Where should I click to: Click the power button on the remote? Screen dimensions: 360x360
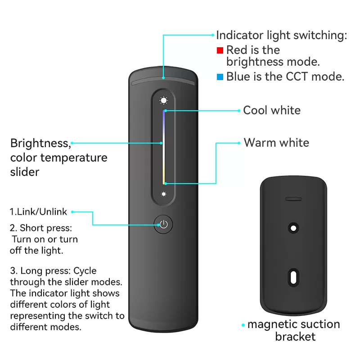pos(164,224)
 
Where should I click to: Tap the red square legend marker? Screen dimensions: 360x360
pos(220,50)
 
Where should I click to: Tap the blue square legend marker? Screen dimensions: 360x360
pos(220,77)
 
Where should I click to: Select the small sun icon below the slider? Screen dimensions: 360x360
pos(164,194)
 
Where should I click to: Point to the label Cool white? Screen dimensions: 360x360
pos(272,110)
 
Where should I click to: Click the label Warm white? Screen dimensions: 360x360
pos(276,143)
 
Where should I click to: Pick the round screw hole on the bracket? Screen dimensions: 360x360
pos(293,228)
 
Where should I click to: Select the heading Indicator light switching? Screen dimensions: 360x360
pos(281,36)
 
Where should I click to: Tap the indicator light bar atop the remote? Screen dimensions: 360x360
pos(164,83)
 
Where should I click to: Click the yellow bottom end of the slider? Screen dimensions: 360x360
pos(164,180)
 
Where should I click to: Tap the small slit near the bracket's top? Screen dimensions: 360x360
pos(293,198)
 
